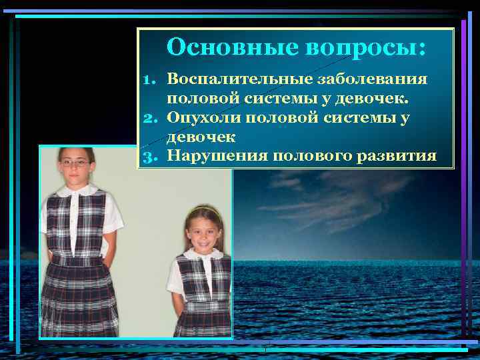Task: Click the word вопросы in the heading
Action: (x=366, y=47)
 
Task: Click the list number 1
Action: (x=150, y=80)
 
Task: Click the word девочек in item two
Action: (x=199, y=137)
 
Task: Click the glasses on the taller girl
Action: (x=75, y=163)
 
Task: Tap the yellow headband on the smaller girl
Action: (x=203, y=211)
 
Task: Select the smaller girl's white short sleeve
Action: (x=175, y=277)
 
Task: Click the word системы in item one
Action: (x=307, y=99)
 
